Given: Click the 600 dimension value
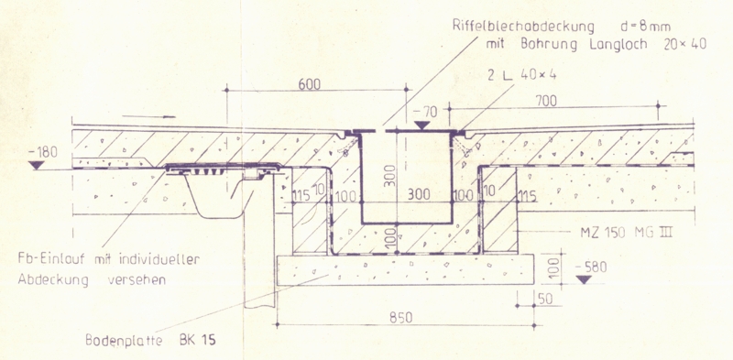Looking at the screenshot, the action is tap(310, 84).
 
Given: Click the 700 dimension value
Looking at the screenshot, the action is tap(545, 101).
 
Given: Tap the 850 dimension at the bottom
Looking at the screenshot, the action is tap(401, 318).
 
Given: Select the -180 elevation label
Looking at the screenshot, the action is tap(42, 152).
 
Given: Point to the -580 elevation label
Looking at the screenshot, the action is tap(590, 267).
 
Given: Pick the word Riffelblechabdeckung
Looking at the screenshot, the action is tap(523, 27).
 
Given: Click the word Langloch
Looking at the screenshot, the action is tap(618, 45).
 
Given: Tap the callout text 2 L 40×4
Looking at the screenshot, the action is tap(521, 75).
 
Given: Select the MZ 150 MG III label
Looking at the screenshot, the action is tap(626, 233).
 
